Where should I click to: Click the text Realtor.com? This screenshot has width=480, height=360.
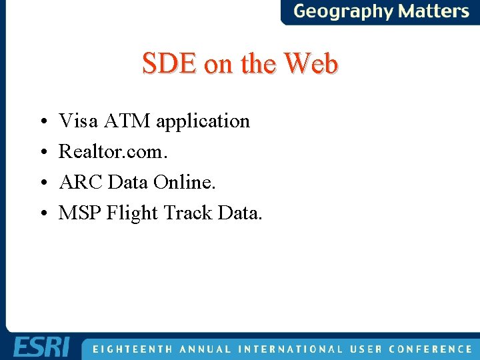(113, 151)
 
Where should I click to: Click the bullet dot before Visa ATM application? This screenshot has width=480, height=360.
(42, 122)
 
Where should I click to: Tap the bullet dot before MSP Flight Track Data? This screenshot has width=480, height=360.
(42, 214)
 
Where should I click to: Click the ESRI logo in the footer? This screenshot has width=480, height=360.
(41, 348)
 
